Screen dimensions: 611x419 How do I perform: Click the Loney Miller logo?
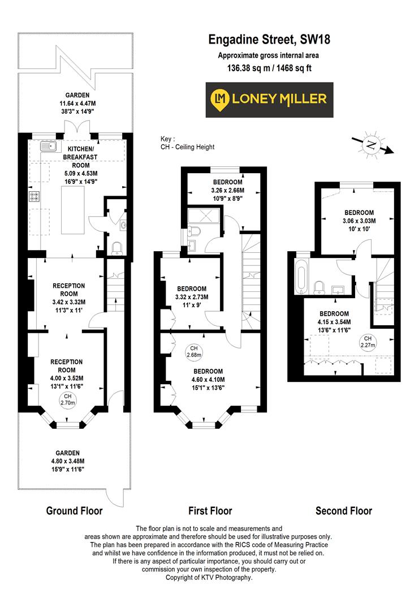pos(269,99)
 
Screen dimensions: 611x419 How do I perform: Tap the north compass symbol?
pos(371,145)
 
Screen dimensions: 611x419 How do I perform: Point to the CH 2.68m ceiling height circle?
pos(195,352)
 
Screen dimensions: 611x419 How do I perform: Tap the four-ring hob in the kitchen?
pos(34,197)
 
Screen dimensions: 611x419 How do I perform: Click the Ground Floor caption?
pos(74,511)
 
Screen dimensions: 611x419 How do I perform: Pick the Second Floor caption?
pos(343,511)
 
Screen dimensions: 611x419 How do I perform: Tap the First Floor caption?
pos(210,511)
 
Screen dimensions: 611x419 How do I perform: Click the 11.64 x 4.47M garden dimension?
pos(74,104)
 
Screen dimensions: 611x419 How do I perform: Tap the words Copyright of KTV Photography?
pos(209,578)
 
